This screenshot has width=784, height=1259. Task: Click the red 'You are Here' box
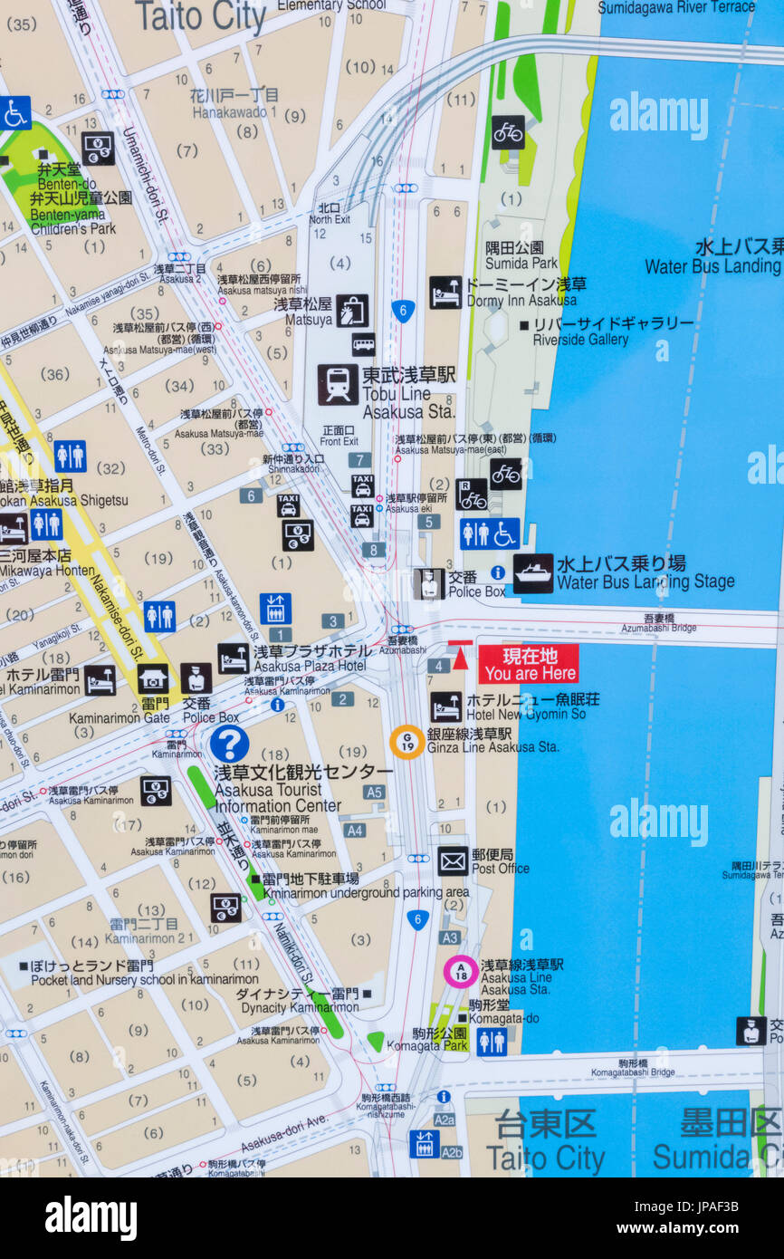point(529,664)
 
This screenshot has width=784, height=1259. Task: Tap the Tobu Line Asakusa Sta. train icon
point(338,385)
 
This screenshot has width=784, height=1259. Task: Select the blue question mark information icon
point(229,744)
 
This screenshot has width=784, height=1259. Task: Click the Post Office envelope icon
point(453,860)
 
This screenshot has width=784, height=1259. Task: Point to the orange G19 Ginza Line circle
point(407,741)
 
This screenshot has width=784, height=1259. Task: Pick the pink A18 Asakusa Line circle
point(461,971)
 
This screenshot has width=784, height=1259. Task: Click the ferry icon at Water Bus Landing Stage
point(533,573)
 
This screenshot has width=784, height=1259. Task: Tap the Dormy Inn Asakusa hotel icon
point(445,292)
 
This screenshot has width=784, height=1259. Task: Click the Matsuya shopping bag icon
point(352,311)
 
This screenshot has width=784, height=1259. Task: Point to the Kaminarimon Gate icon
point(153,678)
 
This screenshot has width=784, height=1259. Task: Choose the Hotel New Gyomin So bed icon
point(445,706)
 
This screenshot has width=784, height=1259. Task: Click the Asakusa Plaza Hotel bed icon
point(233,658)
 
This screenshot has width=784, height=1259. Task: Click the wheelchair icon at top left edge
point(14,113)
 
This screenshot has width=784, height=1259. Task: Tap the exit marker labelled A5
point(374,792)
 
